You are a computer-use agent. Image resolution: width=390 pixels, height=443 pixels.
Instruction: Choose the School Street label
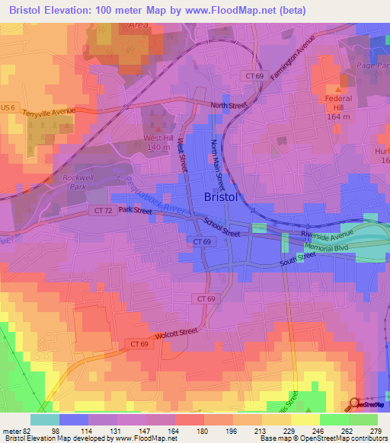point(222,228)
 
